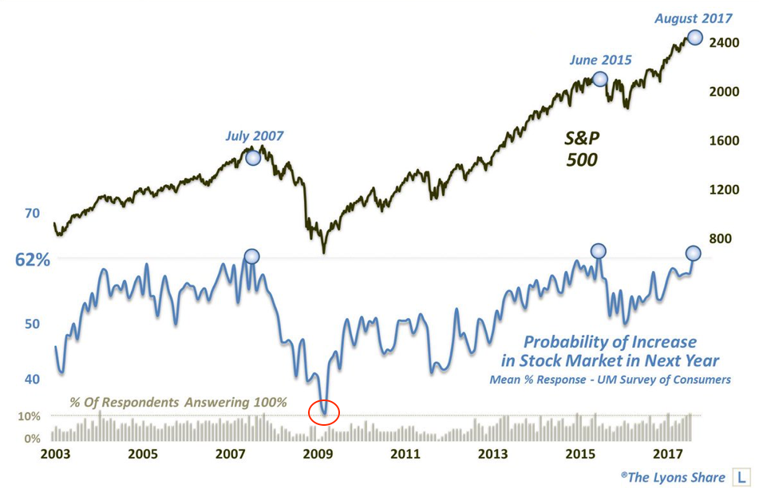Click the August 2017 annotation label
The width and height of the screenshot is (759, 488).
[693, 18]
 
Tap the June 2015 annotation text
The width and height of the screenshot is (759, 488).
[600, 60]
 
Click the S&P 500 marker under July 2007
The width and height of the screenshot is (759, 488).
[253, 157]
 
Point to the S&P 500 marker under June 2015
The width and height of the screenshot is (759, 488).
[600, 79]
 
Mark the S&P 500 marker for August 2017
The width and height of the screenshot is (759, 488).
[694, 37]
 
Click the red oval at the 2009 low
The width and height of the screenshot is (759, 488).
[323, 412]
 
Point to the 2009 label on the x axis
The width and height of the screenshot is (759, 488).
[318, 455]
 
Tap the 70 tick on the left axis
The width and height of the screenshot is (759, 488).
[32, 214]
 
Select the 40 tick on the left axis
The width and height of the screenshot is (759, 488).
[32, 379]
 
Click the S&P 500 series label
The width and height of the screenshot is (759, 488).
[583, 149]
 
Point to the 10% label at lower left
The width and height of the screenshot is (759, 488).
[28, 416]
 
